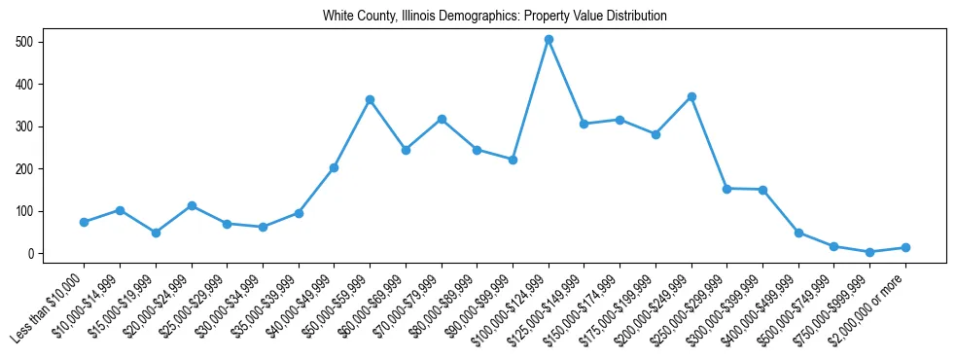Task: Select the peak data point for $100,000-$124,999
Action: (549, 40)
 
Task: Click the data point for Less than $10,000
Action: (85, 222)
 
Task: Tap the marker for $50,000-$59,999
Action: (370, 99)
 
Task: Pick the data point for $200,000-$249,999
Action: (691, 97)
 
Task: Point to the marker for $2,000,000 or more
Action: (905, 247)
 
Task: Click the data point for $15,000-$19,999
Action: (156, 233)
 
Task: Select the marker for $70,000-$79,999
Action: (442, 119)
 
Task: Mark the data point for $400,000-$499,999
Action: (798, 233)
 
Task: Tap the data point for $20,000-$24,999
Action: (192, 205)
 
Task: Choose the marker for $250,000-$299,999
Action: (727, 189)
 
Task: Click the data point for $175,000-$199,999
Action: (655, 134)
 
